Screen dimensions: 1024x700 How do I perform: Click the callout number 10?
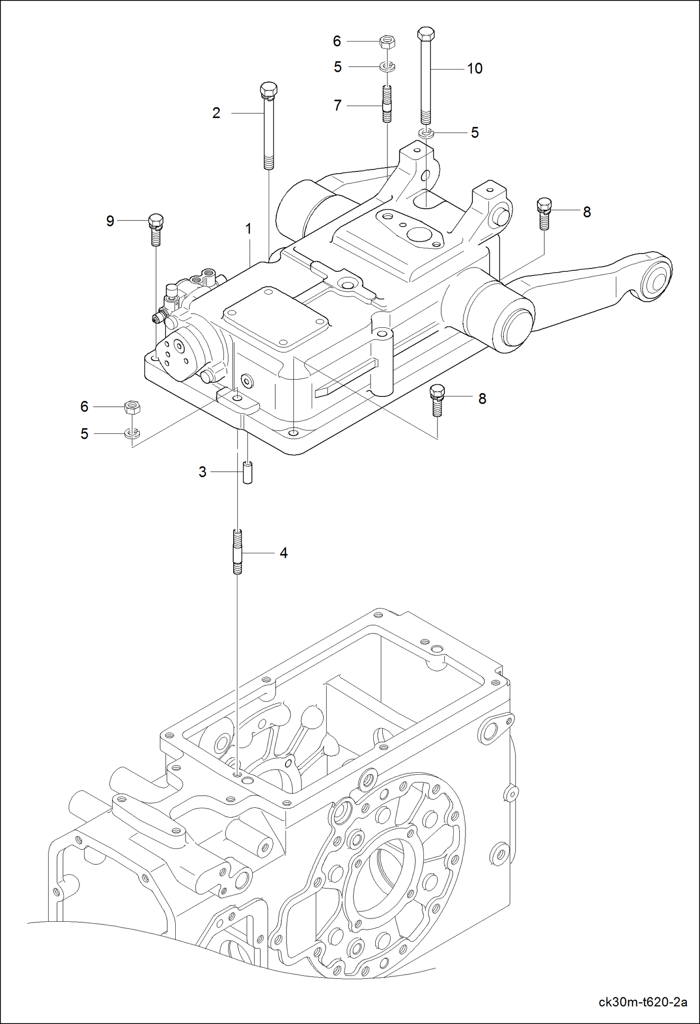click(474, 69)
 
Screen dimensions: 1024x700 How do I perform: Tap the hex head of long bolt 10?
click(425, 34)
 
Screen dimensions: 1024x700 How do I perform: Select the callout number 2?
click(216, 113)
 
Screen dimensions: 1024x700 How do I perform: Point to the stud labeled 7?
click(387, 104)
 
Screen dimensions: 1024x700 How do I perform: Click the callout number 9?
click(110, 221)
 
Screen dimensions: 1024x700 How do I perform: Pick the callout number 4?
click(283, 553)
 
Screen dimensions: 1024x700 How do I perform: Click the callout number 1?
click(249, 229)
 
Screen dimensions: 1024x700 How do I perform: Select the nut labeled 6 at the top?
click(387, 42)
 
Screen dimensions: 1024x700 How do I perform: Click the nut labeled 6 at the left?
click(132, 407)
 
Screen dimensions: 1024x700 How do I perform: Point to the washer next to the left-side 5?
click(132, 434)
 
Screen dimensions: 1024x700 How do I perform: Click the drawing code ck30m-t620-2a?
click(643, 1002)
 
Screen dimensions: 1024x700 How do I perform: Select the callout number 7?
click(337, 106)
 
